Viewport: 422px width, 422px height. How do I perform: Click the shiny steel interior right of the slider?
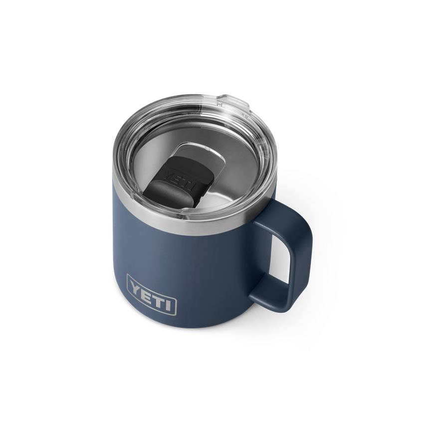(229, 170)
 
